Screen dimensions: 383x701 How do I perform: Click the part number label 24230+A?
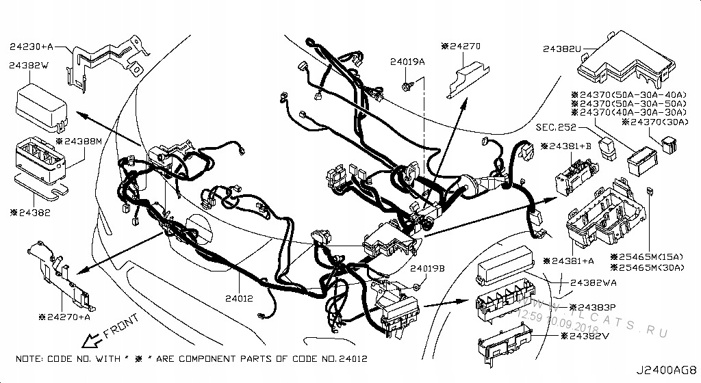pos(31,48)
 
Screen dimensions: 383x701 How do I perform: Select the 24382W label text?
pos(29,65)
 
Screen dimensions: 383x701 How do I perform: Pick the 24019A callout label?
pos(408,62)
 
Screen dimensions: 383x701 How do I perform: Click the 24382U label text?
pos(561,49)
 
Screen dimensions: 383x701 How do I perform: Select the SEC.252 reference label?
pos(555,128)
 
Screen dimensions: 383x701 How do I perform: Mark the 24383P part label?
pos(596,308)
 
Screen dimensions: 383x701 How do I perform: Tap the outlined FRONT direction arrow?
pos(90,339)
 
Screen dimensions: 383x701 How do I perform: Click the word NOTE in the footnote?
pos(29,359)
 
